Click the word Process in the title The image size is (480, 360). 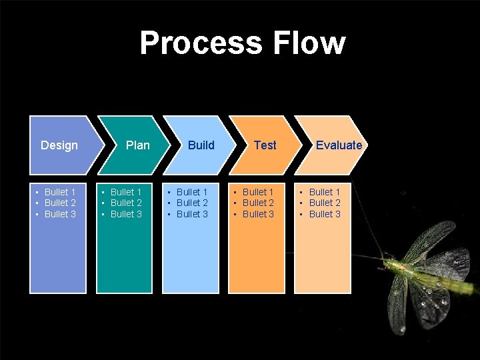(x=201, y=43)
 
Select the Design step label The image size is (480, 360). (x=59, y=145)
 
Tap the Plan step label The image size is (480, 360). (x=138, y=145)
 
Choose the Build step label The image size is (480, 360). (x=201, y=145)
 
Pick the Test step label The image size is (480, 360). (x=265, y=145)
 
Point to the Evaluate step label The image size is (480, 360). (x=339, y=145)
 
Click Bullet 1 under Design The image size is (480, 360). (x=60, y=192)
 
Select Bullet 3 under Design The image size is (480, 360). (x=60, y=214)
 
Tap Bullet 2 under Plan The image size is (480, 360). (x=126, y=203)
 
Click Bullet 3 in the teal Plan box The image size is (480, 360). (x=126, y=214)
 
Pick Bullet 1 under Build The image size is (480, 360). (x=192, y=192)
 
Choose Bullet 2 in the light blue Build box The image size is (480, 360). (x=192, y=203)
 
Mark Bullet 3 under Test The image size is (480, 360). (x=258, y=214)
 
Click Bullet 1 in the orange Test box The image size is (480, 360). (x=258, y=192)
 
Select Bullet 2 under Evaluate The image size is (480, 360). (x=325, y=203)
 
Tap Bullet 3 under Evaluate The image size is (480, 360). (x=325, y=214)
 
